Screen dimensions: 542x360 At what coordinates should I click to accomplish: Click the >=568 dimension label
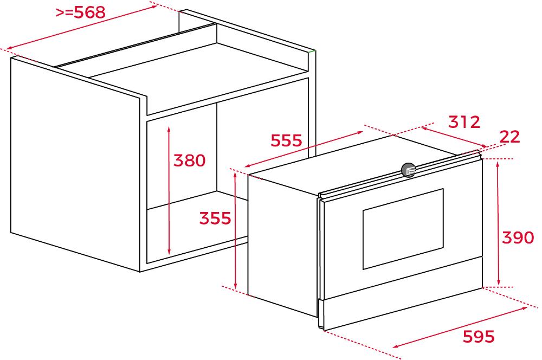pyautogui.click(x=81, y=12)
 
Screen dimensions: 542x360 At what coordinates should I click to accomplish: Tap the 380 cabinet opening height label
pyautogui.click(x=189, y=160)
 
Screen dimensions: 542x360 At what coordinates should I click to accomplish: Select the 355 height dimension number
pyautogui.click(x=215, y=218)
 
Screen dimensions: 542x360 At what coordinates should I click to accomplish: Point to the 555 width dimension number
pyautogui.click(x=286, y=140)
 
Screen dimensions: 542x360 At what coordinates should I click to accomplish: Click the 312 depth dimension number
pyautogui.click(x=464, y=122)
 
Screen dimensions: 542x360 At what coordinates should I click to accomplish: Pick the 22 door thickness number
pyautogui.click(x=510, y=137)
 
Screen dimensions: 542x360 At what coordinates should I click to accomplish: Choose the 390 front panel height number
pyautogui.click(x=518, y=237)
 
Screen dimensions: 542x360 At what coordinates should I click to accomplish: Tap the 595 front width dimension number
pyautogui.click(x=479, y=337)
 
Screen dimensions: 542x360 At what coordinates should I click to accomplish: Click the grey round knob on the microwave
pyautogui.click(x=409, y=170)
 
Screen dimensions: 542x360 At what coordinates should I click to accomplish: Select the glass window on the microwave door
pyautogui.click(x=403, y=229)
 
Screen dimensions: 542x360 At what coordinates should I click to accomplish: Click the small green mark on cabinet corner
pyautogui.click(x=312, y=51)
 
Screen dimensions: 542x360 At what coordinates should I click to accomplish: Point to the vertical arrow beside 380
pyautogui.click(x=169, y=190)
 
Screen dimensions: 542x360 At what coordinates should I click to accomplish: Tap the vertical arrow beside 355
pyautogui.click(x=235, y=230)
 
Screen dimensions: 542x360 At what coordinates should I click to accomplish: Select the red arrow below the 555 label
pyautogui.click(x=304, y=149)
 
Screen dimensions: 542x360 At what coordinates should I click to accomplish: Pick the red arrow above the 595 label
pyautogui.click(x=460, y=328)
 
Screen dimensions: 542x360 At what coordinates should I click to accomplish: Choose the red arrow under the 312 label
pyautogui.click(x=454, y=137)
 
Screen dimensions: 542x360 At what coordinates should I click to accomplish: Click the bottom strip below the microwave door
pyautogui.click(x=401, y=309)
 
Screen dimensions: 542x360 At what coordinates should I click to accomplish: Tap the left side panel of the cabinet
pyautogui.click(x=75, y=164)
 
